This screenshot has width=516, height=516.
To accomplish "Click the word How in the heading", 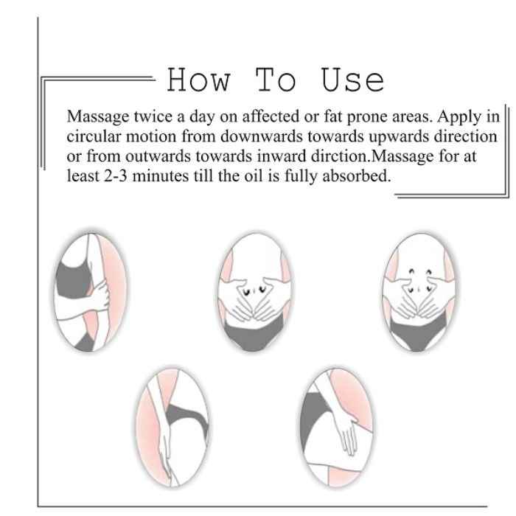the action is [x=199, y=80].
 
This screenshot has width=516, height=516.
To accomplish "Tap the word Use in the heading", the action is [x=352, y=80].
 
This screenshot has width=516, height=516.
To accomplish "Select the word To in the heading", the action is [x=276, y=80].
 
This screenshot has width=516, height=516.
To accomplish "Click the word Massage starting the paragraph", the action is [x=98, y=117].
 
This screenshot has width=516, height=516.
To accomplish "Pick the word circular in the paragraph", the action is [x=94, y=136].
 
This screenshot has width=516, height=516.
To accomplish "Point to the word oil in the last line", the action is [x=254, y=175].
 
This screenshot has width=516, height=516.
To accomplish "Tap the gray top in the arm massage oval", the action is [x=73, y=279].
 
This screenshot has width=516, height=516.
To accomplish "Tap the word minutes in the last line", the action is [x=160, y=175].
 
